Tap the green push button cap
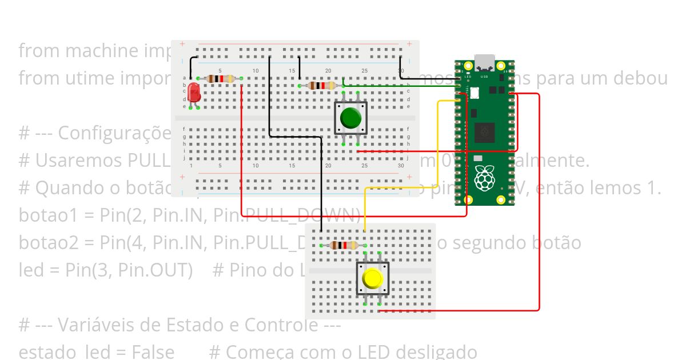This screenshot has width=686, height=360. pyautogui.click(x=350, y=118)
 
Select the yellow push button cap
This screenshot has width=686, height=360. pyautogui.click(x=372, y=279)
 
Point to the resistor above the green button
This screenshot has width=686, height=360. pyautogui.click(x=321, y=86)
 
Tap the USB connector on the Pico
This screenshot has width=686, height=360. pyautogui.click(x=485, y=61)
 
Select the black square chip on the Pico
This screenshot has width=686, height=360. pyautogui.click(x=484, y=133)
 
